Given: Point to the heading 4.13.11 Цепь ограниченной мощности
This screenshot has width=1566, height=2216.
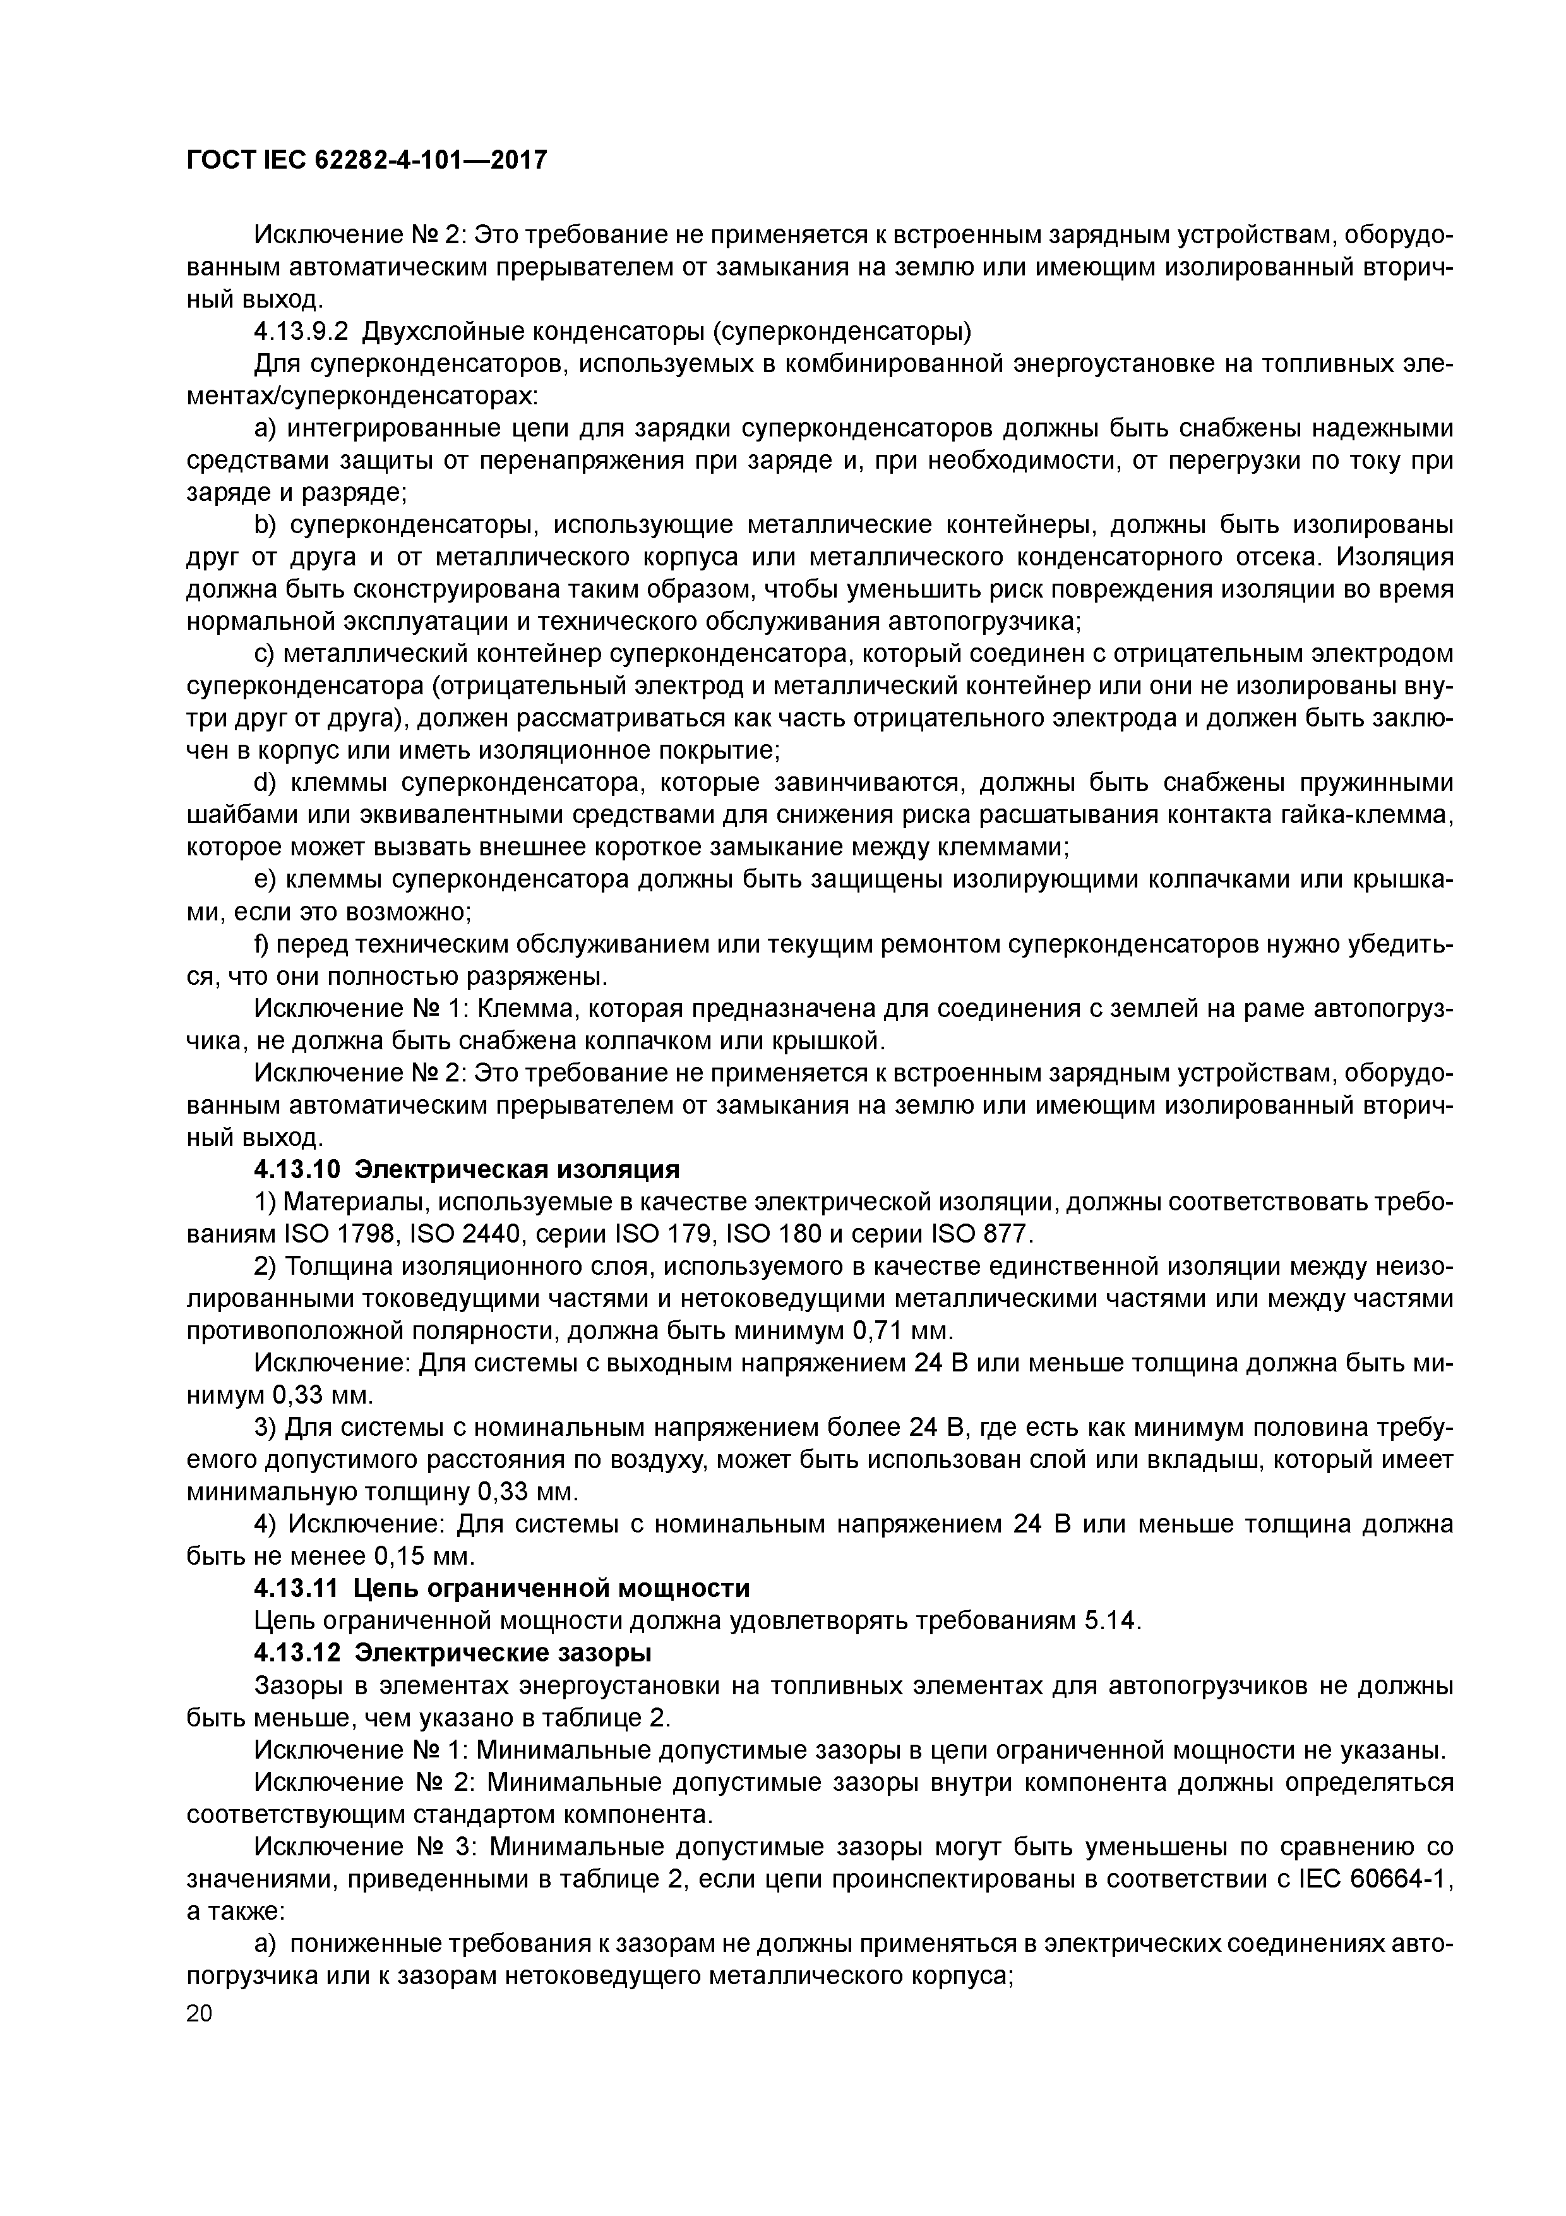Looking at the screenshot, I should tap(502, 1587).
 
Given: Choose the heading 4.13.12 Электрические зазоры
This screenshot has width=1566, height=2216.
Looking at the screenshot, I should tap(453, 1653).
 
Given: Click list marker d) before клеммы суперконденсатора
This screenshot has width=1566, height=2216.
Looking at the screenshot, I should tap(265, 783).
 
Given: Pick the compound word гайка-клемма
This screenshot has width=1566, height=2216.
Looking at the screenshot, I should tap(1365, 816).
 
